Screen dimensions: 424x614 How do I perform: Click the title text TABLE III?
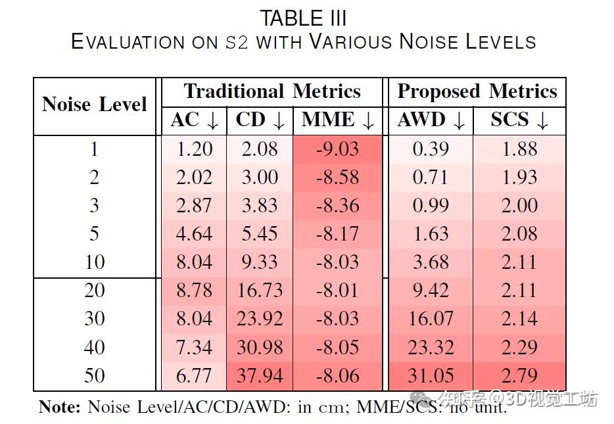(303, 18)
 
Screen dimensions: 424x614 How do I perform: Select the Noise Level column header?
(94, 104)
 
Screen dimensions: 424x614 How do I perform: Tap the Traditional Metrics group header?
(272, 91)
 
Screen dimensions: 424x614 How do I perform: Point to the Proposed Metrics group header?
(477, 91)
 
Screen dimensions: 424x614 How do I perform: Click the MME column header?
(337, 120)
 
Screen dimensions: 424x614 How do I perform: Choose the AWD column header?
(431, 120)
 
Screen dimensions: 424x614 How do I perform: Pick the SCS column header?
(519, 120)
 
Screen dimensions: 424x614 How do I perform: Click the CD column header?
(260, 120)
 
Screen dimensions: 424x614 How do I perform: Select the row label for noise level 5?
(94, 233)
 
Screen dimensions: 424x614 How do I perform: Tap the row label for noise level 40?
(94, 347)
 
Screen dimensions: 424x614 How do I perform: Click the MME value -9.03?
(337, 149)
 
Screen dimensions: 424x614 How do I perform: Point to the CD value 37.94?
(260, 375)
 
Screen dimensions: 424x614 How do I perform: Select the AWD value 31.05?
(431, 375)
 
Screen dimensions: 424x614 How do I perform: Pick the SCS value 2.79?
(519, 375)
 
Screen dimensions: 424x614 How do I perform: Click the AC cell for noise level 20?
(195, 291)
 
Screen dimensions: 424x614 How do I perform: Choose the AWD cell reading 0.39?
(431, 149)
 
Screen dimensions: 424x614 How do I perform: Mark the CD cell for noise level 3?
(260, 206)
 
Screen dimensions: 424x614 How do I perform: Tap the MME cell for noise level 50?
(337, 375)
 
